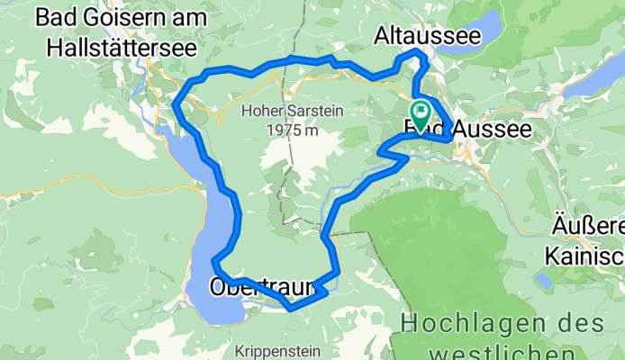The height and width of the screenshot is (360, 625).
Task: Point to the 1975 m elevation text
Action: pos(294,130)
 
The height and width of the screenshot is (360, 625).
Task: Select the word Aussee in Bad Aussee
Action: pos(491,130)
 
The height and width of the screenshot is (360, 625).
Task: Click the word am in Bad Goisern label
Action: pos(180,17)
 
